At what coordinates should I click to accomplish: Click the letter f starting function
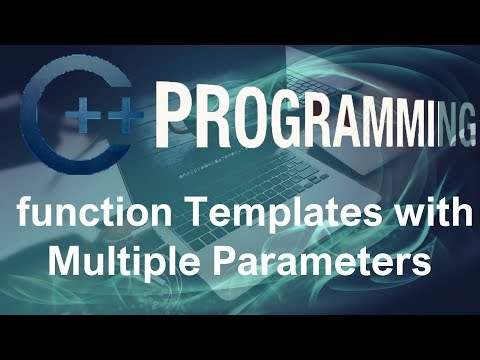pyautogui.click(x=14, y=216)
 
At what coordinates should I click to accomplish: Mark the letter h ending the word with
pyautogui.click(x=459, y=216)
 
